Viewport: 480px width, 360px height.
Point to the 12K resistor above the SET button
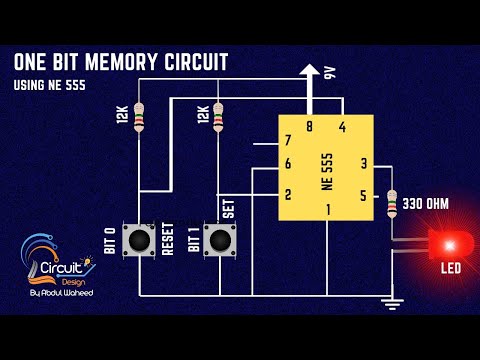(219, 117)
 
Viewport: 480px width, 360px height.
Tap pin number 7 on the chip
(288, 141)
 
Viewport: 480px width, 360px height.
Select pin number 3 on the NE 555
(364, 163)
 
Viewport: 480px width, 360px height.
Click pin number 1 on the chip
(327, 209)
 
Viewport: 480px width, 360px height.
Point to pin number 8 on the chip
(309, 126)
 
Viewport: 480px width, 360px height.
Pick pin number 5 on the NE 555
(364, 195)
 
